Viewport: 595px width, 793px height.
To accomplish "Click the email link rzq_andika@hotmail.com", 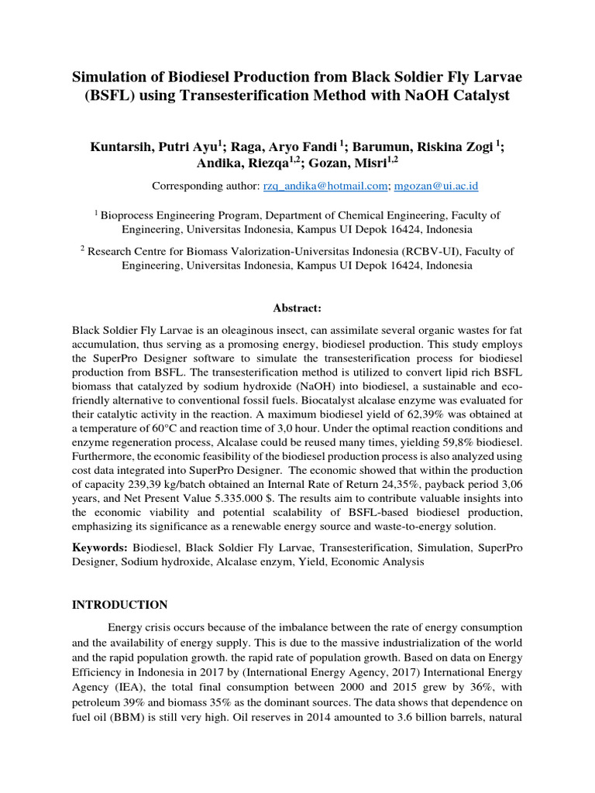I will pyautogui.click(x=336, y=186).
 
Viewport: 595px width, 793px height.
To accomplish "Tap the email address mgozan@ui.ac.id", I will pyautogui.click(x=436, y=186).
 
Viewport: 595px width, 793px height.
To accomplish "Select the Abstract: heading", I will pyautogui.click(x=297, y=307).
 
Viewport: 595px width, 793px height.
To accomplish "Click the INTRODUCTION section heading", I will pyautogui.click(x=119, y=604).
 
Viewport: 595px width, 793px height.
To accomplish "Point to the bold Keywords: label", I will pyautogui.click(x=99, y=548).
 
